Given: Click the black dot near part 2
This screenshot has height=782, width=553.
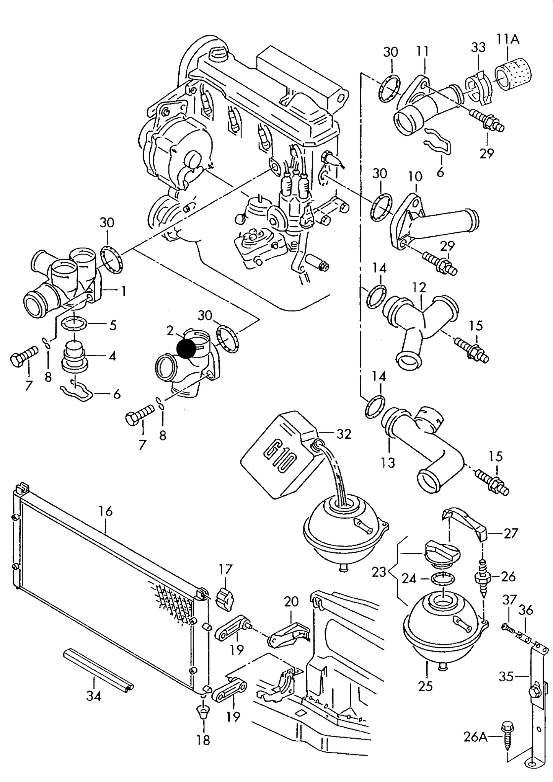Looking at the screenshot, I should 186,349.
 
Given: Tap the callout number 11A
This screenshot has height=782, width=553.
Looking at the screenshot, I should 508,39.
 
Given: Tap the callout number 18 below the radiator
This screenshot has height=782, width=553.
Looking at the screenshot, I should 204,740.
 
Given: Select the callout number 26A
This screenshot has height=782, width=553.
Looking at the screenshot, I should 475,736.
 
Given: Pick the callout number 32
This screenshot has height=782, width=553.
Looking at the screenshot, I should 344,434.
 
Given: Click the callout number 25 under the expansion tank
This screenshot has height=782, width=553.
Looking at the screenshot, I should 425,686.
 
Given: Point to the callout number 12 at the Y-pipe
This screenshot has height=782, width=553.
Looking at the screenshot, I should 419,287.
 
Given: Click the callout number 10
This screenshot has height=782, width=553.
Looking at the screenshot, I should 415,176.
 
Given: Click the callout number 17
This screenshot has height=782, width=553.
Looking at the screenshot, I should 226,569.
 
